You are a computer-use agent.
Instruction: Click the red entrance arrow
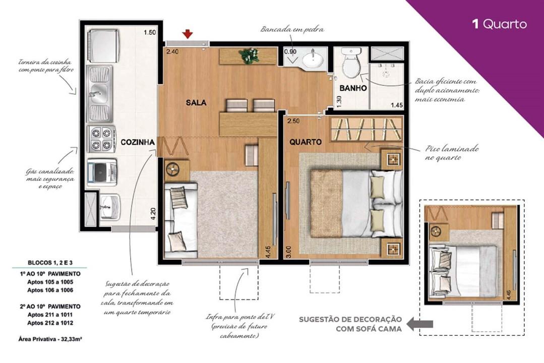click(x=188, y=34)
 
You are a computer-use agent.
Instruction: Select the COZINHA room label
click(x=137, y=143)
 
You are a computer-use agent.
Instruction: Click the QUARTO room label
click(x=306, y=142)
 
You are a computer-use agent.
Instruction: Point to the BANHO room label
click(x=353, y=88)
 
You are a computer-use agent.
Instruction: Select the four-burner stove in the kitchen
click(x=100, y=139)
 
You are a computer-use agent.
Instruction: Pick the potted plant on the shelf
click(x=249, y=55)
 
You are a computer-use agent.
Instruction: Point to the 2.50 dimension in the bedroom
click(x=293, y=122)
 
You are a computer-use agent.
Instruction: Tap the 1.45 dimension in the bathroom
click(x=397, y=105)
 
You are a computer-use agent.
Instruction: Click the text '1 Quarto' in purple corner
click(x=499, y=24)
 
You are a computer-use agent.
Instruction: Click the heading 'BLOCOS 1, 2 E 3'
click(x=49, y=263)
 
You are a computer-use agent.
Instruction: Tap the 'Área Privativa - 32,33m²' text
click(x=50, y=339)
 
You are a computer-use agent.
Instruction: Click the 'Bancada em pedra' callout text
click(x=292, y=29)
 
